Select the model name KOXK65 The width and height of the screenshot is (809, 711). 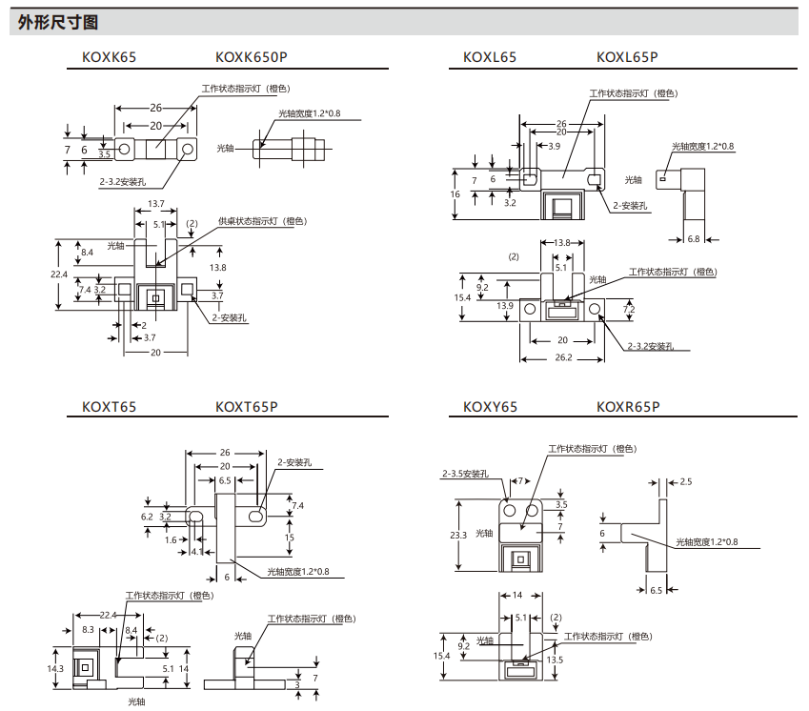click(x=103, y=57)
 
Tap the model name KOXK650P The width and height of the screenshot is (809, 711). click(x=245, y=57)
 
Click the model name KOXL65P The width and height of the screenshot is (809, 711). click(x=627, y=57)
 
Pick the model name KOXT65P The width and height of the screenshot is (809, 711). click(x=247, y=406)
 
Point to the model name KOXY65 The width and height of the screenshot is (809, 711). click(x=490, y=407)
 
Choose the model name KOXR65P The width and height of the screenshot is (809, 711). click(x=628, y=407)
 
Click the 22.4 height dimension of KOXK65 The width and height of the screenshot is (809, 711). click(x=59, y=274)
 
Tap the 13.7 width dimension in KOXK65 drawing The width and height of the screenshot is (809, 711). click(x=156, y=205)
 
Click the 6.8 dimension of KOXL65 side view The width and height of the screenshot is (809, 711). click(x=693, y=239)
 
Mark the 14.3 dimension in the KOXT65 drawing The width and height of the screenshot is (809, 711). click(x=56, y=668)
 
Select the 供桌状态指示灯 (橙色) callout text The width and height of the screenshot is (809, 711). click(x=262, y=221)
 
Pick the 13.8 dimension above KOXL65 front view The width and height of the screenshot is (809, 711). click(x=561, y=243)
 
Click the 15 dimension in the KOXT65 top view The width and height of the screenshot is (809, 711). click(x=289, y=538)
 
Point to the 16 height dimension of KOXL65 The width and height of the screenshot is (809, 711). click(x=455, y=194)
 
